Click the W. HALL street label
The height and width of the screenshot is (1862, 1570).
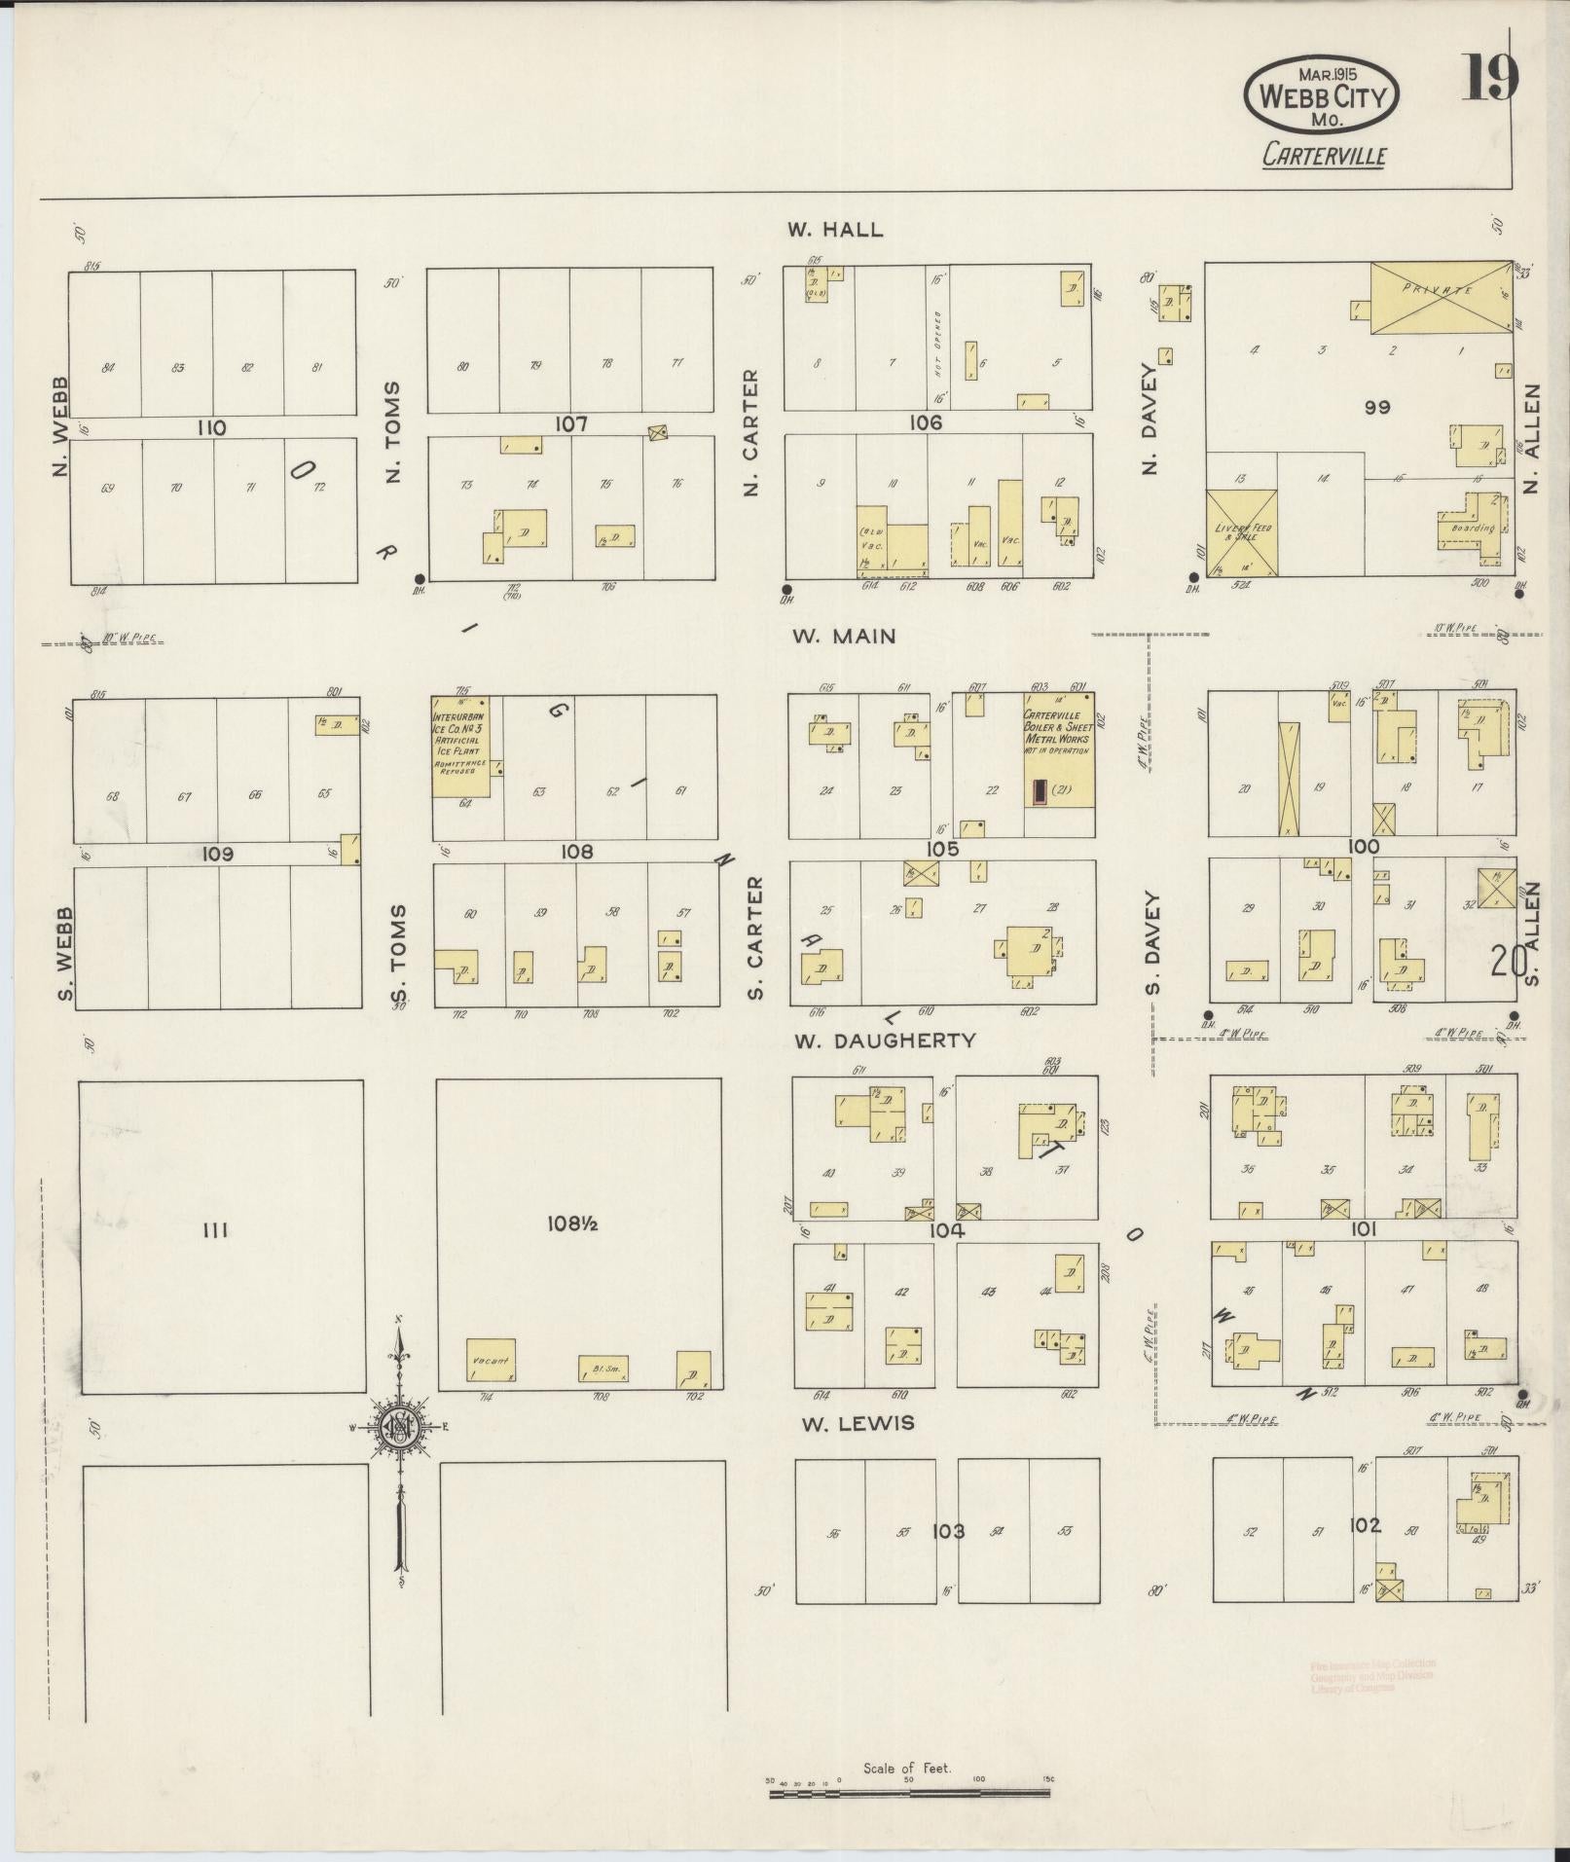click(x=835, y=230)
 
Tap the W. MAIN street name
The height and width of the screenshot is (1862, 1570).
click(x=843, y=637)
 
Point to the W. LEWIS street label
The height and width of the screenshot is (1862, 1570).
click(x=858, y=1424)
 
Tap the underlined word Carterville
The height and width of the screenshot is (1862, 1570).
click(x=1324, y=156)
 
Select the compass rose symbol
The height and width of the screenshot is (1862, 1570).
click(x=399, y=1427)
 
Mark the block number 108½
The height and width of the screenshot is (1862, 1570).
click(x=578, y=1225)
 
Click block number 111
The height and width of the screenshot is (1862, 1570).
click(x=215, y=1231)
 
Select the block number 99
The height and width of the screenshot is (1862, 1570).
click(x=1376, y=408)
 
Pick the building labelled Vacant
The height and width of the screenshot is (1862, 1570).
click(x=491, y=1361)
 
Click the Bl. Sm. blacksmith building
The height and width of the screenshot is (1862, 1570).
click(x=603, y=1369)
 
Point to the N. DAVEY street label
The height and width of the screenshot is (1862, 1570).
click(x=1150, y=419)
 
